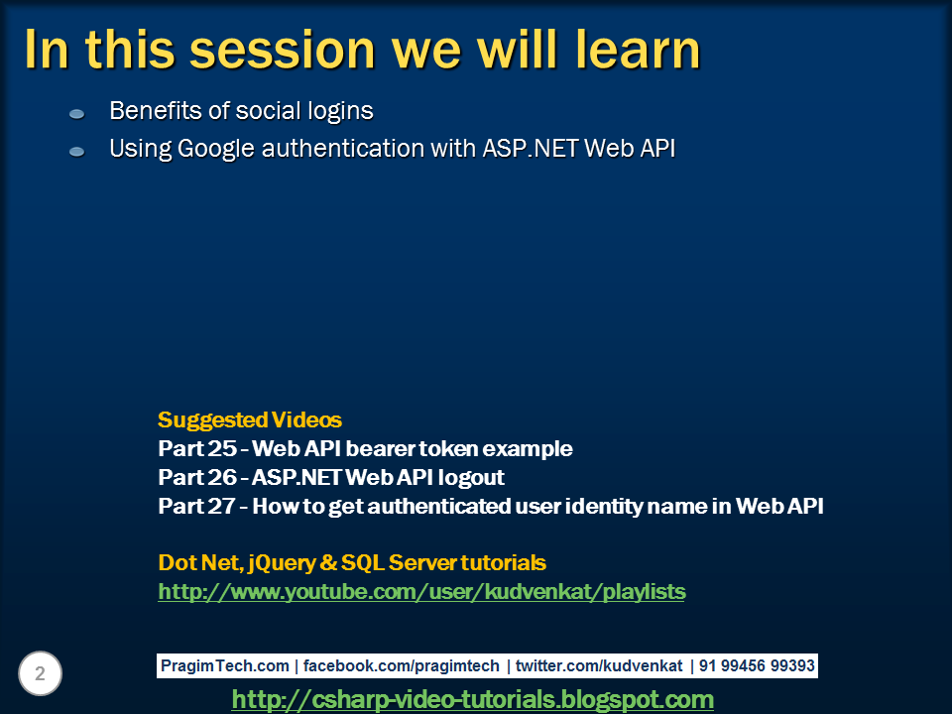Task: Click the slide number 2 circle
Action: (x=40, y=673)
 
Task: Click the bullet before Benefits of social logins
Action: (x=76, y=113)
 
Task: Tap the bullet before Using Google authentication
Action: (x=76, y=151)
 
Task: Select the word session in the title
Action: (x=283, y=50)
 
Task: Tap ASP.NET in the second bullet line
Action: (x=530, y=148)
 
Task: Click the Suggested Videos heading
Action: (x=250, y=419)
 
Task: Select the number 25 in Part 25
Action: (x=222, y=448)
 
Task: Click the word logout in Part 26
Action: (x=471, y=478)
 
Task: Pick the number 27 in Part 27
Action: (x=221, y=506)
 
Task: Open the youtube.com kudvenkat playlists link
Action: (x=422, y=592)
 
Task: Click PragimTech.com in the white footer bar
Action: (x=225, y=666)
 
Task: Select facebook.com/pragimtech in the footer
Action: (x=402, y=666)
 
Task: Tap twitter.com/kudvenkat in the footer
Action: (x=599, y=666)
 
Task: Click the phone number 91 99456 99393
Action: (x=757, y=666)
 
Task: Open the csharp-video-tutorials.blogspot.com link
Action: (x=473, y=699)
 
